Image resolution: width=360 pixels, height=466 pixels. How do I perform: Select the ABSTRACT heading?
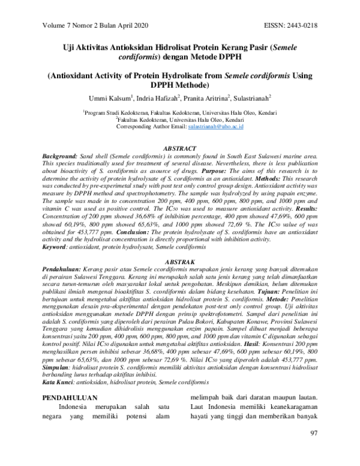(179, 148)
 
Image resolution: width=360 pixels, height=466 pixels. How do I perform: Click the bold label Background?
(61, 156)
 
